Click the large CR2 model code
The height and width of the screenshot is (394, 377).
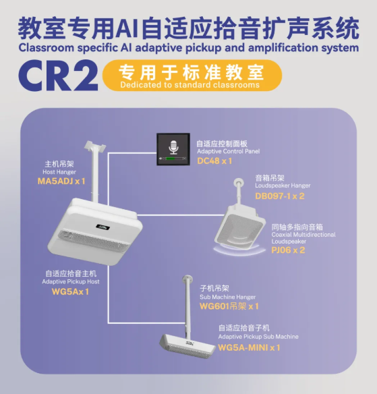(58, 76)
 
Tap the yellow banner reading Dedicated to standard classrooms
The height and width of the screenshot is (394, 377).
(192, 76)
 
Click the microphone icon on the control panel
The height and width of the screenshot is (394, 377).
(173, 147)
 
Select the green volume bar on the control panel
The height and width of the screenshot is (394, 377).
(171, 159)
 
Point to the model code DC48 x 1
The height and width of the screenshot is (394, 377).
(214, 161)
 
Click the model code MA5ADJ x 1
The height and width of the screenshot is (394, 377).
(61, 181)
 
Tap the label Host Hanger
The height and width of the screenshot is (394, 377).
(59, 172)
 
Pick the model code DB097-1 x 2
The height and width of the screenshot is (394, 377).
(280, 196)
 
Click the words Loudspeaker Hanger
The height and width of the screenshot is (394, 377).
(283, 186)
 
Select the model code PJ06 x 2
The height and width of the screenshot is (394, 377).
(288, 250)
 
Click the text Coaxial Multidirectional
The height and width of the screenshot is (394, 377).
(303, 235)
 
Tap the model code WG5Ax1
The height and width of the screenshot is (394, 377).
(70, 291)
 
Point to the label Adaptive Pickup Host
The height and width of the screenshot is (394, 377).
(71, 282)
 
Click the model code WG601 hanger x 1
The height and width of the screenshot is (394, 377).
(229, 306)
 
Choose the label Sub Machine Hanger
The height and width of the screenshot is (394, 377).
(227, 297)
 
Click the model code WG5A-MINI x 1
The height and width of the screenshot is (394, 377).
(249, 347)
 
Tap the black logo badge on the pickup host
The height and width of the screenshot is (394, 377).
(103, 227)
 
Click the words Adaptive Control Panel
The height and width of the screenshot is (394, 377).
(229, 151)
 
